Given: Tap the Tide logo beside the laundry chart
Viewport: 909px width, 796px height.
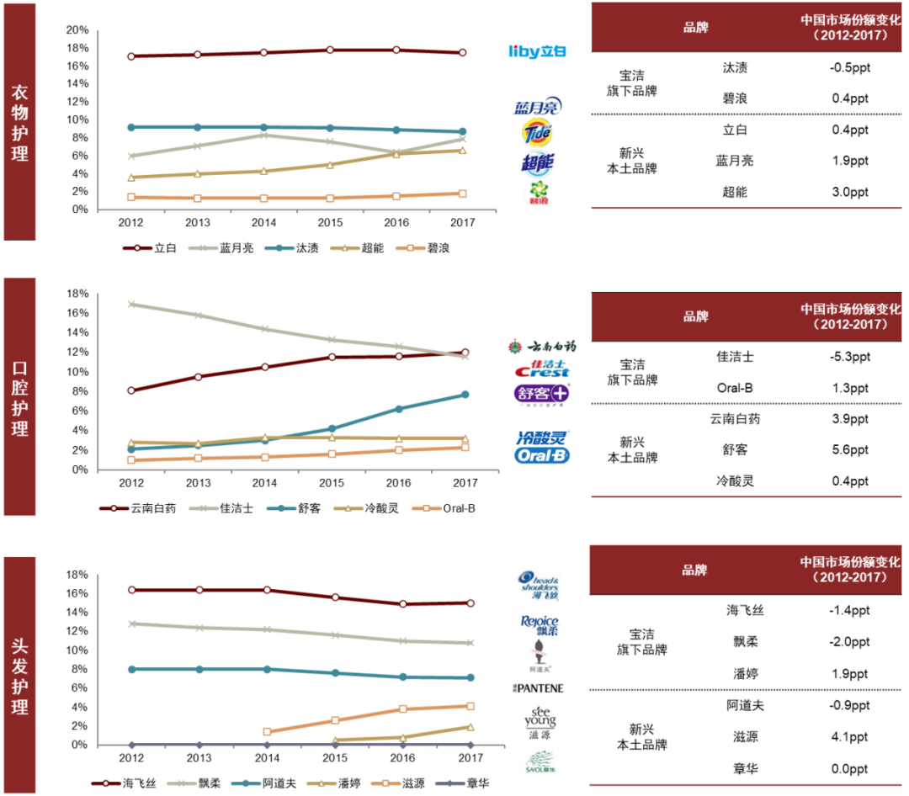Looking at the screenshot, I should (537, 133).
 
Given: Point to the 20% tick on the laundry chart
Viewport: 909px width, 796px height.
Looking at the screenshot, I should (77, 29).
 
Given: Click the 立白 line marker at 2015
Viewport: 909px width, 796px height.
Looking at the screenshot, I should (331, 50).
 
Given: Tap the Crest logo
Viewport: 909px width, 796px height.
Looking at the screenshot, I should (541, 369).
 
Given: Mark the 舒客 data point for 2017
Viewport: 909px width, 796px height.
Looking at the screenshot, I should (465, 395).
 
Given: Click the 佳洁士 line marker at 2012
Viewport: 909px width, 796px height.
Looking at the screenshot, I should (131, 304).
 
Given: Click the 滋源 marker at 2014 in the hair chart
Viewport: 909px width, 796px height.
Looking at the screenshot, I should (268, 732).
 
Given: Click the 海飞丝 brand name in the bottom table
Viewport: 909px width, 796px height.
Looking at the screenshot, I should (746, 611).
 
